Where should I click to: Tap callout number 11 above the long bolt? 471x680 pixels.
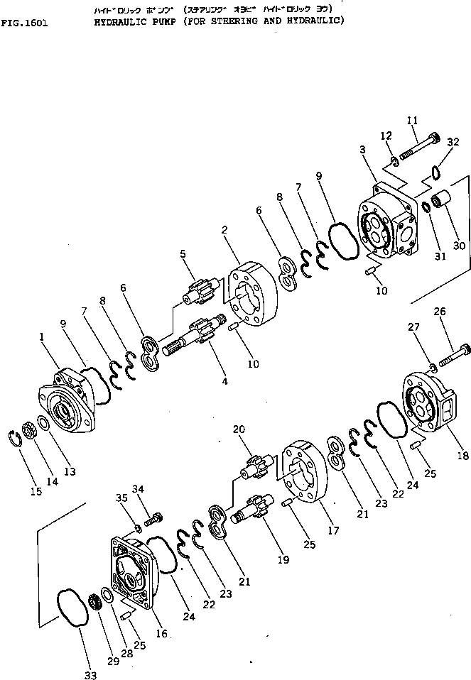pos(413,121)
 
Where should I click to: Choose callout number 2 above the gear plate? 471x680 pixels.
pos(224,231)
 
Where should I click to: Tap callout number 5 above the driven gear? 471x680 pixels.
pos(182,253)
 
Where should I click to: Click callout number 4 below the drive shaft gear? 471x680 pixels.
pos(225,381)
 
